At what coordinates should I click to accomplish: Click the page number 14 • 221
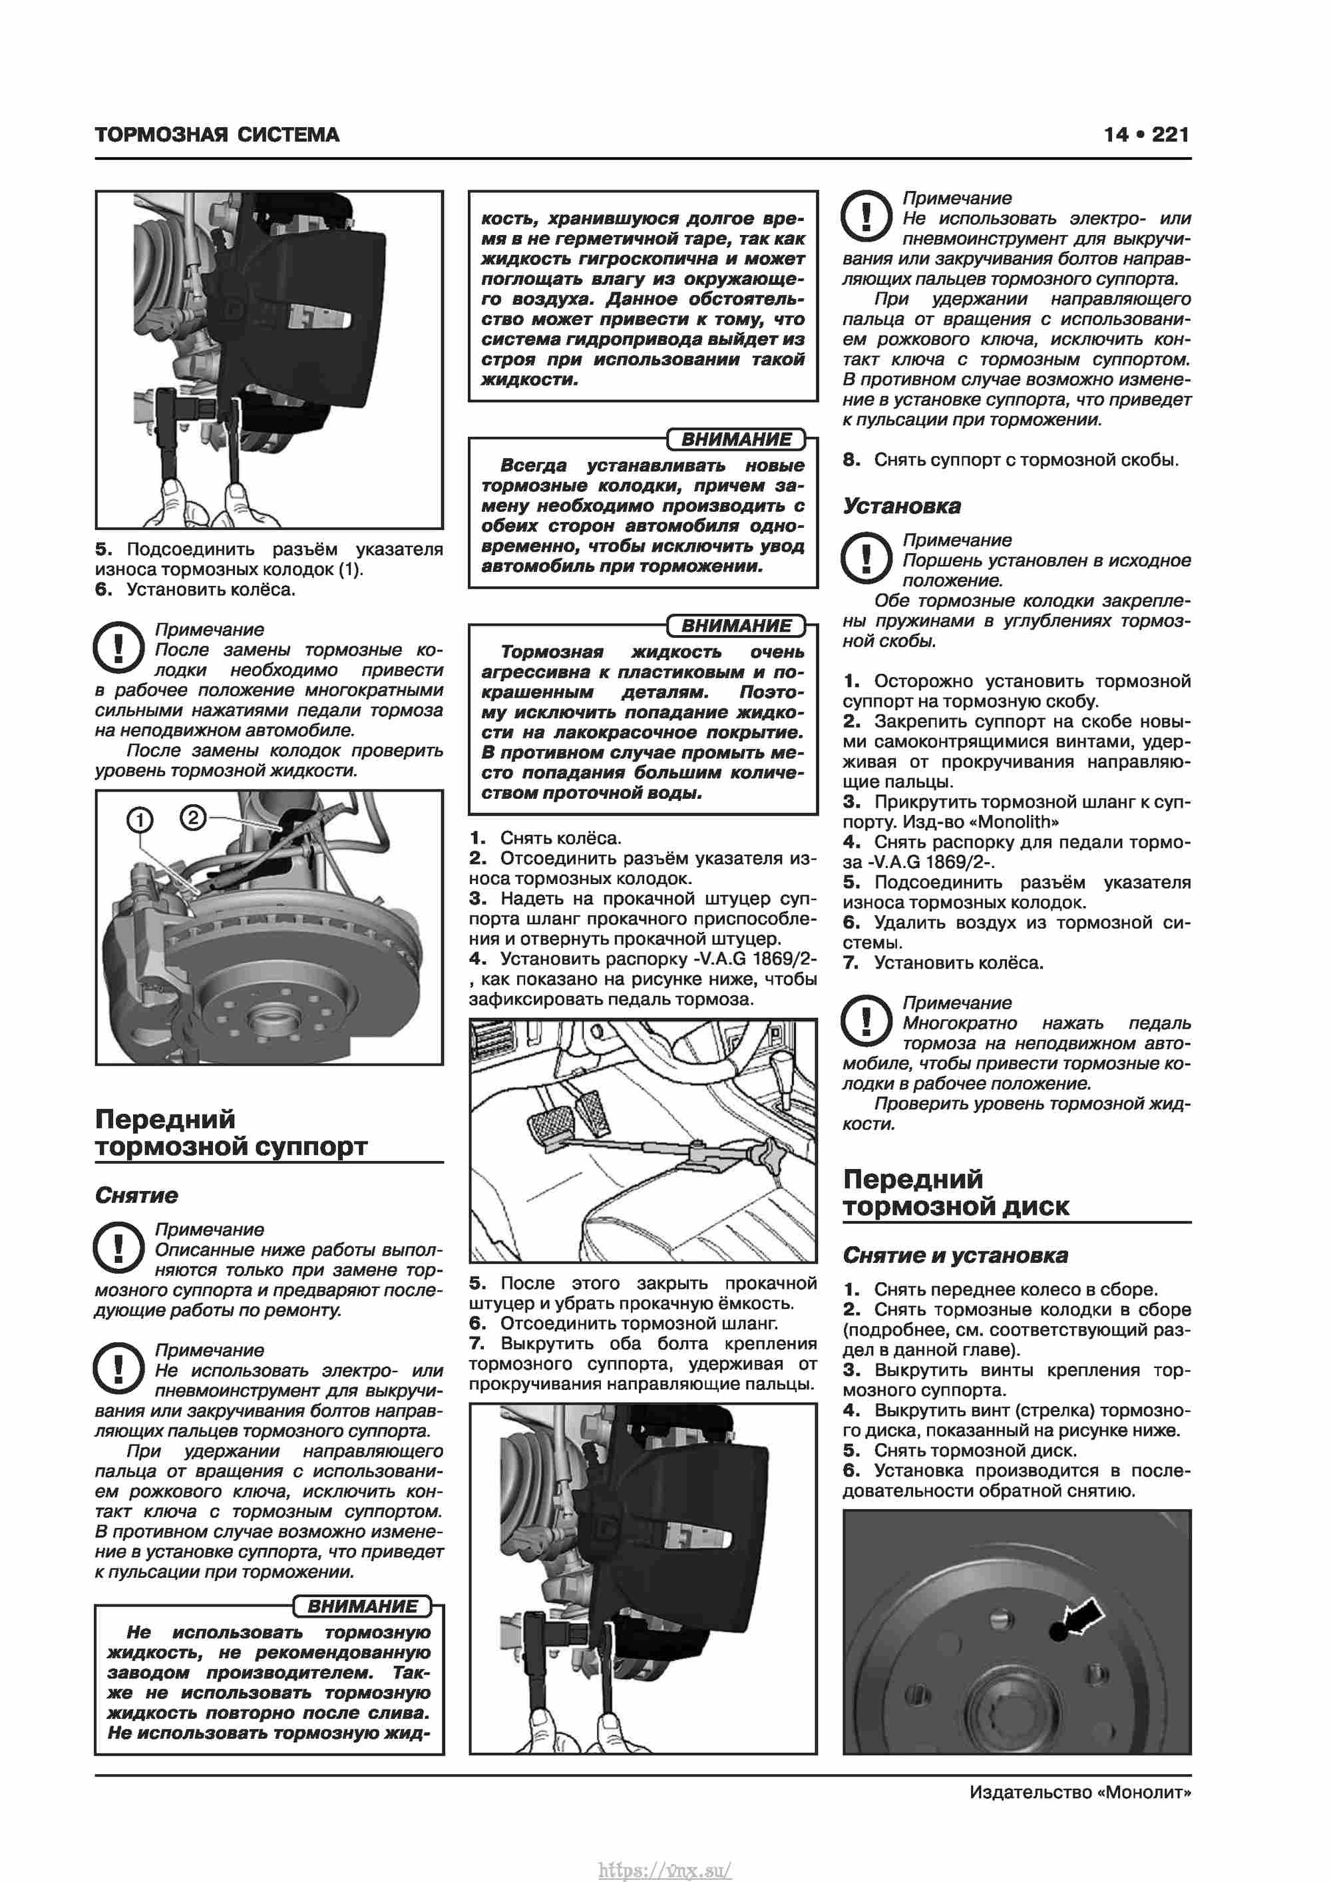1146,134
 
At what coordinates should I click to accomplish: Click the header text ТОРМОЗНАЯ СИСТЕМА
216,135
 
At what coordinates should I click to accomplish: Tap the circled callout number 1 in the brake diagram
140,819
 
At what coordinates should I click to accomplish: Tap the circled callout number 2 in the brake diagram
192,818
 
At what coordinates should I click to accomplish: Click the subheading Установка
902,506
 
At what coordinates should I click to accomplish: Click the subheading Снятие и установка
955,1255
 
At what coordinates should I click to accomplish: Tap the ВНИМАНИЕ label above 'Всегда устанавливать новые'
736,439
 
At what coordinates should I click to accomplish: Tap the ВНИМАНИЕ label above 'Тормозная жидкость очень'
736,625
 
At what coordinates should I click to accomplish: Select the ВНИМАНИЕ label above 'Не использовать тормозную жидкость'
362,1606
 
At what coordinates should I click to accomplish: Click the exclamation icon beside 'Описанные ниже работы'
119,1247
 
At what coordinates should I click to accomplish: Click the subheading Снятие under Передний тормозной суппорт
136,1195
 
